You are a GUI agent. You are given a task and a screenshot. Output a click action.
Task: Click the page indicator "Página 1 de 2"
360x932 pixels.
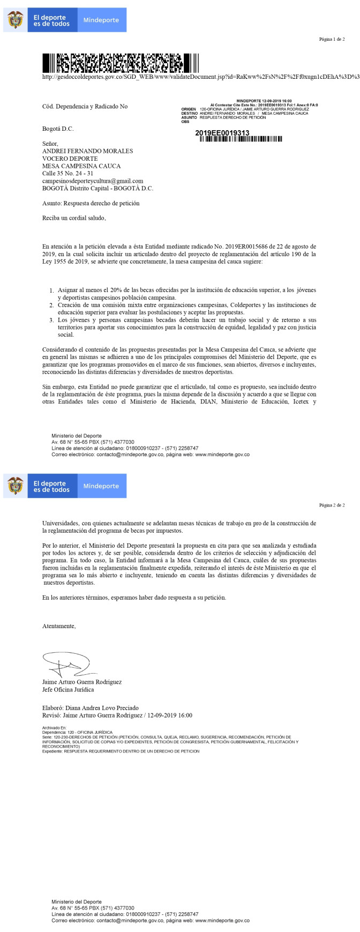pos(332,39)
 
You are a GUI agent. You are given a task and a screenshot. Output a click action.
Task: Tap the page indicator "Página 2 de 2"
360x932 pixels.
pos(332,505)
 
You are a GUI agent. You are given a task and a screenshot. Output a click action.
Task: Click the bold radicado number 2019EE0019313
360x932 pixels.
pos(222,132)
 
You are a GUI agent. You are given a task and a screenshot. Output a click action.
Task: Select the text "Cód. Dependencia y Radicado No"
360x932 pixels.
pos(85,107)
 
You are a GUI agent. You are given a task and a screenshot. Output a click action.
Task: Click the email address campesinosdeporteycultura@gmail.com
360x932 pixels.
pos(93,181)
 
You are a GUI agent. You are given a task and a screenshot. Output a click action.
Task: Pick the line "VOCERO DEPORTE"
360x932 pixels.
pos(70,159)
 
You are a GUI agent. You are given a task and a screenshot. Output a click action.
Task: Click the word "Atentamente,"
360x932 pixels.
pos(59,626)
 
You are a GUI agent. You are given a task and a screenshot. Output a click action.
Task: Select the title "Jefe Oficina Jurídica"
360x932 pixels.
pos(68,690)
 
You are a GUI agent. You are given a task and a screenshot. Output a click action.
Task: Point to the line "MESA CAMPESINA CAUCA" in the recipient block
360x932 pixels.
pos(81,166)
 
